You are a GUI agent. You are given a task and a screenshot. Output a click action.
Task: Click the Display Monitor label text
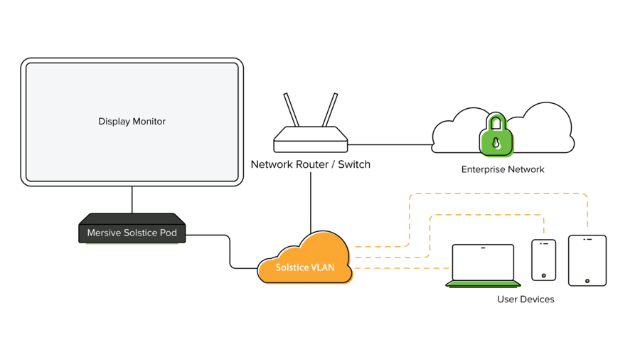tap(132, 122)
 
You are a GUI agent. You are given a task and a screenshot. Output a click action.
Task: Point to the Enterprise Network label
tap(503, 169)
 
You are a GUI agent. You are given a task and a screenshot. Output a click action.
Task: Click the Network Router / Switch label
tap(311, 164)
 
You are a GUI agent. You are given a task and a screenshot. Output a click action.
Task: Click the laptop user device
tap(484, 264)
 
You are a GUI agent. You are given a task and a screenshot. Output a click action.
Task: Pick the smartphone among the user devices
tap(543, 259)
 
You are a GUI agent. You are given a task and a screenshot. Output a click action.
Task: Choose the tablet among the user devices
tap(587, 260)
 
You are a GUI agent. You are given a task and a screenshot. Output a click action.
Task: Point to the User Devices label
tap(526, 300)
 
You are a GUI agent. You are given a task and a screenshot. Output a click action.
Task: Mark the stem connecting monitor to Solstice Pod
tap(132, 199)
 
